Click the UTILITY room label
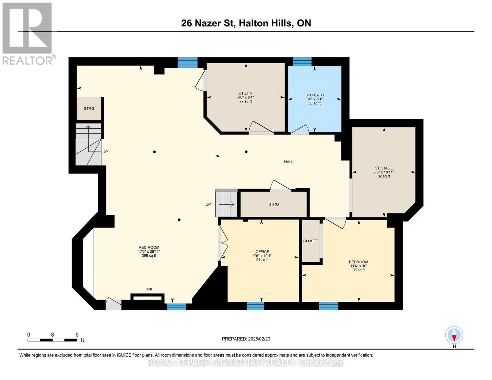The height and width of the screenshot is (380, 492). (x=246, y=93)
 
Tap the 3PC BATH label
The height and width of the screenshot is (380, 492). (x=315, y=95)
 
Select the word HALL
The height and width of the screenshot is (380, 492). (x=289, y=161)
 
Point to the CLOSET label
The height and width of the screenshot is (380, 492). (x=311, y=241)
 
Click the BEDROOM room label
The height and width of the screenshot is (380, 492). (x=358, y=262)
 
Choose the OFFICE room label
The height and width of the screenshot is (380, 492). (x=262, y=252)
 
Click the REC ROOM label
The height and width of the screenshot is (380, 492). (x=149, y=248)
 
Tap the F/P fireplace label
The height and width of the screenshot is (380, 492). (x=149, y=289)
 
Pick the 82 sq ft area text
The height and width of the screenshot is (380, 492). (x=384, y=176)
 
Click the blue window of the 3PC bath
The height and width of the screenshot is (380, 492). (x=302, y=61)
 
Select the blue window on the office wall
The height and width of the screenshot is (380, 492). (x=255, y=306)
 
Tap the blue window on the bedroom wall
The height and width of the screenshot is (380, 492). (x=329, y=306)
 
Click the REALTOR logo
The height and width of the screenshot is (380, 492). (x=28, y=34)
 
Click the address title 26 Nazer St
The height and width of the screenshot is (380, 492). (x=208, y=23)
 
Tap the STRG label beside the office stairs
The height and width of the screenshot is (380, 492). (x=273, y=204)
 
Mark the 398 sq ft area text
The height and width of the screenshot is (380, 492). (x=149, y=256)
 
